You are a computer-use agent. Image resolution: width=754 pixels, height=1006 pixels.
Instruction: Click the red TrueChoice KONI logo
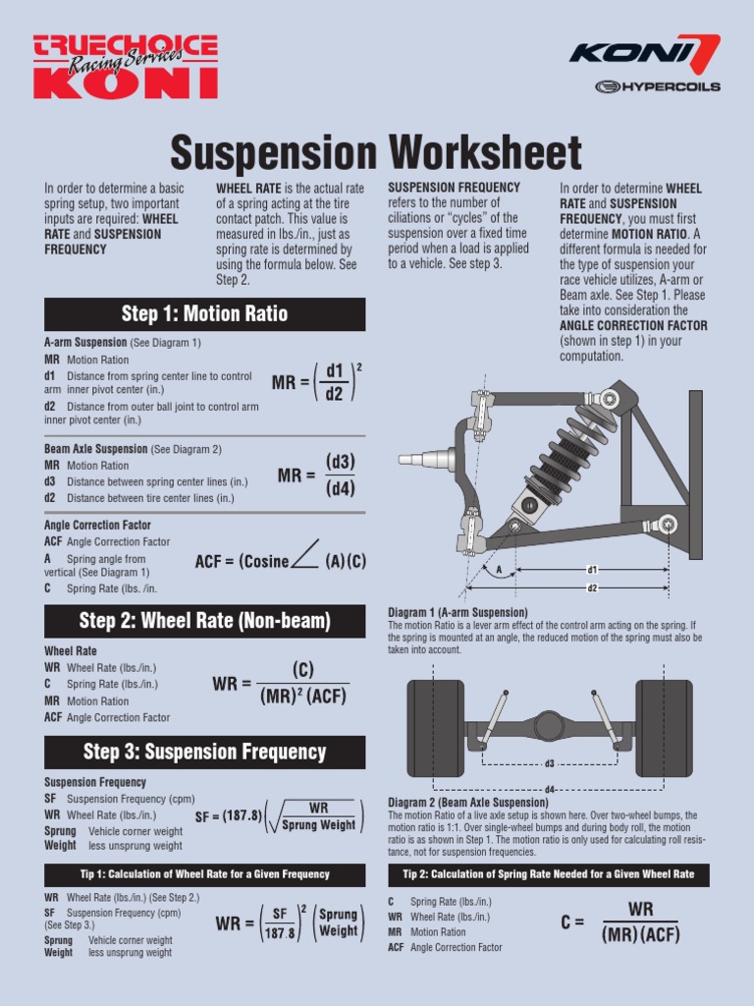click(125, 67)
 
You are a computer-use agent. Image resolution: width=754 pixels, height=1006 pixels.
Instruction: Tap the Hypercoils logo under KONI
click(658, 86)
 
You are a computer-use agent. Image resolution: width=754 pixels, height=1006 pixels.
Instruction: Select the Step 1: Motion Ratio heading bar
click(204, 314)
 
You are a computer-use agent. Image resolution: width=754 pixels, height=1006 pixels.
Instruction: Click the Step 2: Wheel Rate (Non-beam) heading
click(204, 621)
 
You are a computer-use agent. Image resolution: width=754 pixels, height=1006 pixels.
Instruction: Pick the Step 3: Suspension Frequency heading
click(204, 753)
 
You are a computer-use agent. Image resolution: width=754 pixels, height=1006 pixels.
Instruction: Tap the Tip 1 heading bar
click(204, 874)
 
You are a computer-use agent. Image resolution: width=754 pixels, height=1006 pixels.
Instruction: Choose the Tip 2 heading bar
click(548, 874)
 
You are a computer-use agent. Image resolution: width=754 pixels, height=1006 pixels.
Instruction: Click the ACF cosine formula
click(281, 561)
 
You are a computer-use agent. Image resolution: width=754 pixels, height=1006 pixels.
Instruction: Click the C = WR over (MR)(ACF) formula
click(621, 921)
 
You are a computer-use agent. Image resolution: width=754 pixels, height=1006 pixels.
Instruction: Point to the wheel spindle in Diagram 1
click(422, 458)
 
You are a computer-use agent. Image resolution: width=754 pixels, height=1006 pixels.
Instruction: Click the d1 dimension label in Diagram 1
click(592, 569)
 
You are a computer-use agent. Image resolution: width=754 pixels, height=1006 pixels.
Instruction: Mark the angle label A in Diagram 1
click(499, 570)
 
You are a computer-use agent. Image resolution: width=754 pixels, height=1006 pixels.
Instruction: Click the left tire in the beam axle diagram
click(436, 728)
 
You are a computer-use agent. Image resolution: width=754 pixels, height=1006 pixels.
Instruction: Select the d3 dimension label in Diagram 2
click(549, 763)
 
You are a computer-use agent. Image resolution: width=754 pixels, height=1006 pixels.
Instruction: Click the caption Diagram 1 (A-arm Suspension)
click(458, 612)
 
